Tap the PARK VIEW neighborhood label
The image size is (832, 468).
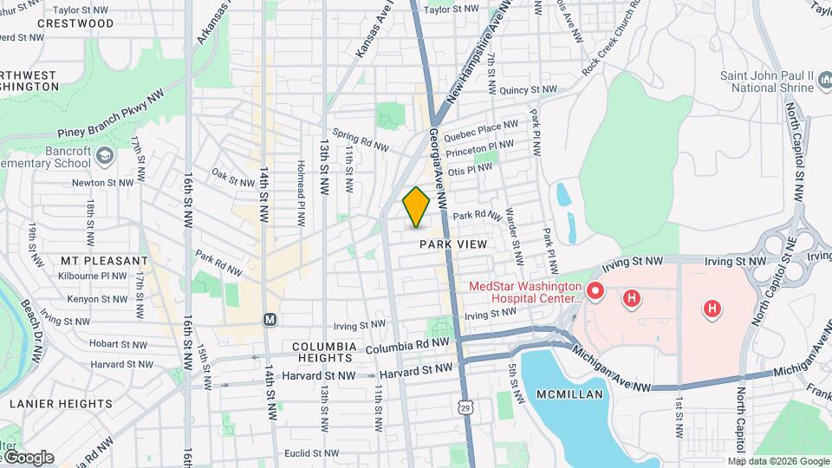[453, 245]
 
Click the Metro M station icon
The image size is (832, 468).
[270, 319]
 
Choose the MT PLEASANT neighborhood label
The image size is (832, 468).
[104, 261]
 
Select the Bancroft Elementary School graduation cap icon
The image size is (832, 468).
[105, 156]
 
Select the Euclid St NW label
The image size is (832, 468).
[313, 453]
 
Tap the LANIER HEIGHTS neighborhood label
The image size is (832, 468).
[61, 404]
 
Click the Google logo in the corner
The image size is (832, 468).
[28, 458]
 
